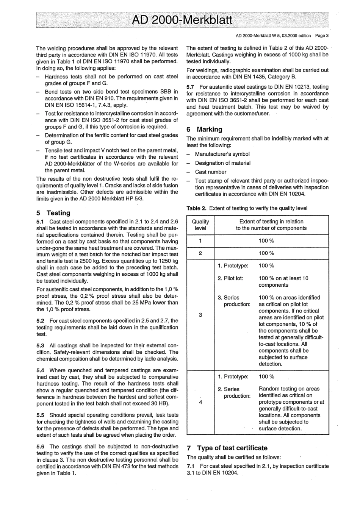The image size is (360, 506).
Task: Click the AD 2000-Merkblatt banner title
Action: [x=182, y=19]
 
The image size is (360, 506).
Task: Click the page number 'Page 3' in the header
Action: [x=321, y=36]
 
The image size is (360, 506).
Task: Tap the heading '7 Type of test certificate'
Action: [x=227, y=448]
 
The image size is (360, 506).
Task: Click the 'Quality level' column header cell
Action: [x=200, y=225]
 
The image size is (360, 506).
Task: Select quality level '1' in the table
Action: [x=200, y=241]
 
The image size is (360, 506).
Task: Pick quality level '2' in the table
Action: [x=200, y=253]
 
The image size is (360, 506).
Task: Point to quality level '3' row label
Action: [x=200, y=315]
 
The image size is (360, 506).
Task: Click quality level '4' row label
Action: [x=200, y=402]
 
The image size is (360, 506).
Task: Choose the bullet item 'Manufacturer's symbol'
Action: [x=222, y=154]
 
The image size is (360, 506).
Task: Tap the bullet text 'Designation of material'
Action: [x=222, y=163]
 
